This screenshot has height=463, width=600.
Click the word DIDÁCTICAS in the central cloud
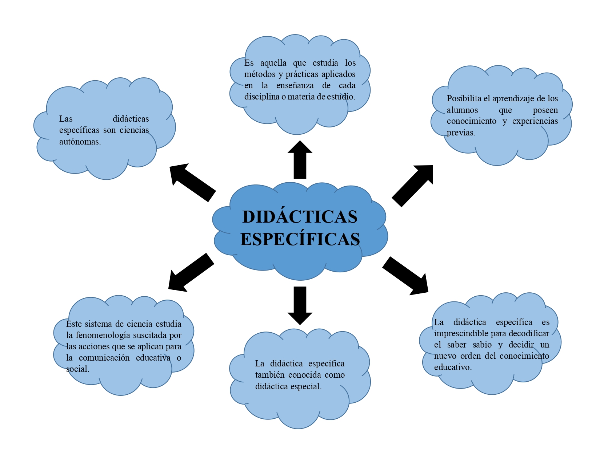[x=300, y=217]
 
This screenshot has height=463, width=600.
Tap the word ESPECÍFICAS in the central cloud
[x=300, y=239]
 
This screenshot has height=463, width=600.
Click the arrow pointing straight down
[x=300, y=305]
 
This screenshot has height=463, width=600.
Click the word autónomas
[x=80, y=142]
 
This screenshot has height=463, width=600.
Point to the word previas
[x=461, y=133]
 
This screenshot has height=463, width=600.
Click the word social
[x=77, y=369]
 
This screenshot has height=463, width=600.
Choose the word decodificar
[x=529, y=333]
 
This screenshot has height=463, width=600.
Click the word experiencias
[x=535, y=121]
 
